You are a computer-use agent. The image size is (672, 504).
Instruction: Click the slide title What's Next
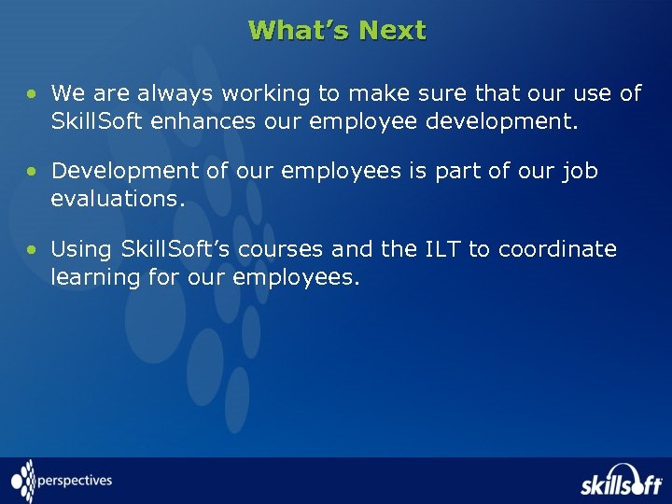(x=337, y=31)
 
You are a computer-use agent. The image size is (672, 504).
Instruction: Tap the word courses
(x=280, y=249)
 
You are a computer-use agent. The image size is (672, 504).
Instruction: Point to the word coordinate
(x=557, y=249)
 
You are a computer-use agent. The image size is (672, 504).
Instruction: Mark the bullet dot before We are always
(x=32, y=93)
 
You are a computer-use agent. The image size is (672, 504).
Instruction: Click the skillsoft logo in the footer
(x=620, y=482)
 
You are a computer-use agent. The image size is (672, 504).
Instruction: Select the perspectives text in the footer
(x=76, y=482)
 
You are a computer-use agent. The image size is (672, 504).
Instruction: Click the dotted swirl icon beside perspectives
(x=23, y=481)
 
